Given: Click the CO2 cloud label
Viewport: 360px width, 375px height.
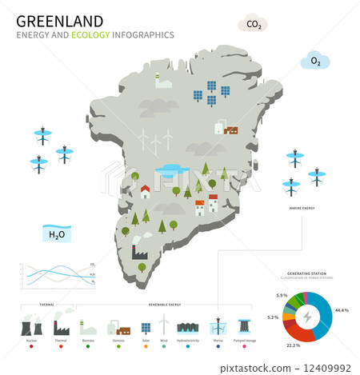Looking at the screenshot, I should (x=253, y=24).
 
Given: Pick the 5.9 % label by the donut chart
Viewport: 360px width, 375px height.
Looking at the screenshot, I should (x=282, y=296).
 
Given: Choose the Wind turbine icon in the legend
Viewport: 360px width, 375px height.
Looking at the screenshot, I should (x=165, y=325).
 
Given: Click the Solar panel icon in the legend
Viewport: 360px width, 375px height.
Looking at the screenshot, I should (x=146, y=328).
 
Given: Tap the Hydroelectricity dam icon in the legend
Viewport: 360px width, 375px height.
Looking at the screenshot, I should (x=190, y=328).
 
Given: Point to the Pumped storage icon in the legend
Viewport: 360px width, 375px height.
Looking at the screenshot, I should (x=244, y=326).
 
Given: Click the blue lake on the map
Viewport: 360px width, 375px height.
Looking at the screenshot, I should (x=170, y=169).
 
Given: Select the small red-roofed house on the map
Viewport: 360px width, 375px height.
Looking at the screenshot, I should (x=146, y=191).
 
